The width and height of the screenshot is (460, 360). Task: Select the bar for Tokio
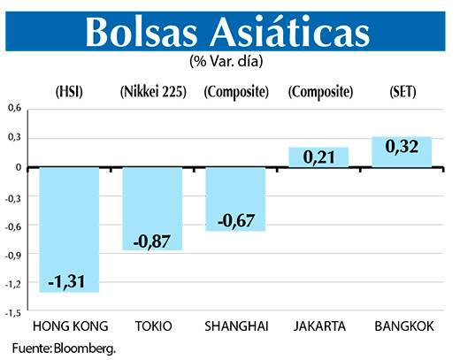click(x=151, y=208)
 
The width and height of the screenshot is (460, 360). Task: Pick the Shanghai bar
click(x=234, y=198)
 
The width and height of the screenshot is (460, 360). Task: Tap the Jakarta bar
click(x=318, y=157)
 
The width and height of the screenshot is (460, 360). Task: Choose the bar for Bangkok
click(x=401, y=151)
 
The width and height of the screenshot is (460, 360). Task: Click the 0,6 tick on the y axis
click(x=15, y=109)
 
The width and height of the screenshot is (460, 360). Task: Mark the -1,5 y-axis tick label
click(x=13, y=312)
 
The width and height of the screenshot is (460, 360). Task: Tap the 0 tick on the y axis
click(x=19, y=167)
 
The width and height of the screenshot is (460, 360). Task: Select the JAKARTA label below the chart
click(x=319, y=326)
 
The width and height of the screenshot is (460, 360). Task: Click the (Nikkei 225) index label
click(x=152, y=91)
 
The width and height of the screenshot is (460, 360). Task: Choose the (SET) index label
click(x=402, y=91)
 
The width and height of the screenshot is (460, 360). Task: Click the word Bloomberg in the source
click(x=84, y=348)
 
